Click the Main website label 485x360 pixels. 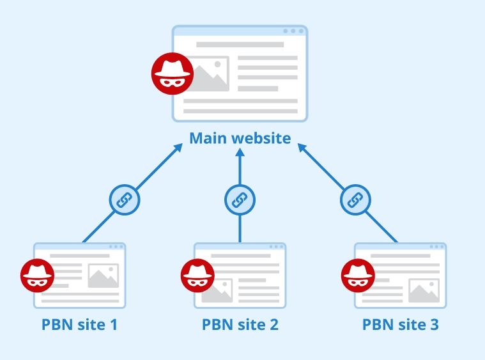point(240,138)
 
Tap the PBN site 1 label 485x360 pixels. point(79,324)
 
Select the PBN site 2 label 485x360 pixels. point(240,324)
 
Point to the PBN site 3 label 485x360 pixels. point(400,324)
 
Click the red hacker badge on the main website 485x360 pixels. point(172,72)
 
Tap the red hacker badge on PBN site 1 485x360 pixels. point(37,276)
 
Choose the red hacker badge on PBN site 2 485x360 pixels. point(197,276)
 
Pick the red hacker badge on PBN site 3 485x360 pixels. point(358,276)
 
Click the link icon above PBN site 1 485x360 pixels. point(125,200)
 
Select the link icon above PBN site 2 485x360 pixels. point(240,200)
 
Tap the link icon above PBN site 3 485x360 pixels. point(355,200)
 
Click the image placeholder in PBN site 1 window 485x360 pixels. point(104,276)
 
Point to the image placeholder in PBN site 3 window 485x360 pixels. point(424,290)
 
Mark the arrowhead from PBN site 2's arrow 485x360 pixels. point(240,153)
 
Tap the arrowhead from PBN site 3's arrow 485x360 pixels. point(299,146)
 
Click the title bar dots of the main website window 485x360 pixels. point(293,31)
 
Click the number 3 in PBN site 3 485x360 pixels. point(434,324)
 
